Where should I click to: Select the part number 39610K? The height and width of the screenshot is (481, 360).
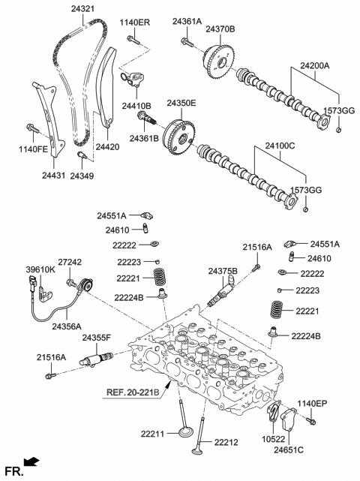(x=40, y=269)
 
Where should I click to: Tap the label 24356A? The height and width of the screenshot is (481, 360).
(x=67, y=326)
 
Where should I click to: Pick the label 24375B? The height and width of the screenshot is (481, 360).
(x=223, y=271)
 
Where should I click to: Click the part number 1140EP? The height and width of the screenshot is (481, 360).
(x=312, y=404)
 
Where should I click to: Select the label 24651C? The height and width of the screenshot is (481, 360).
(x=288, y=450)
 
